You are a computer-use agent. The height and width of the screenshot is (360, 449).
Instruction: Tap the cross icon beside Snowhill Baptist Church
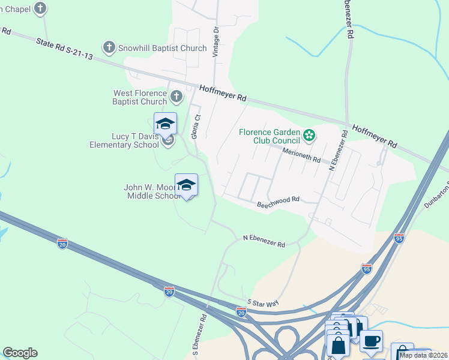point(109,46)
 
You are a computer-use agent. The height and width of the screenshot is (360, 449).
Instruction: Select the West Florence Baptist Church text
point(140,97)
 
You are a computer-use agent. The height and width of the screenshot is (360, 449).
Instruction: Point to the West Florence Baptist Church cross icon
point(176,96)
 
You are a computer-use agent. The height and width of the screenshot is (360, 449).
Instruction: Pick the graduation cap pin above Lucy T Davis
point(165,124)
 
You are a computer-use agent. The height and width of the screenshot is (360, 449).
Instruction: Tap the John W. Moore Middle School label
point(151,191)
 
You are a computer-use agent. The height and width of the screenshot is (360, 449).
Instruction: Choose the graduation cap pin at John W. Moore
point(186,185)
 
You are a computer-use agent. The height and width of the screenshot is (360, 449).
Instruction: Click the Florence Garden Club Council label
point(269,136)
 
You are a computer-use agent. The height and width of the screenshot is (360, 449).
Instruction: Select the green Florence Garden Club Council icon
point(309,135)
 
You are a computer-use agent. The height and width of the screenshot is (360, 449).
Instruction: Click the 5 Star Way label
point(263,302)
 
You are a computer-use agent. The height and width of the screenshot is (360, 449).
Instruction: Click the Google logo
point(20,353)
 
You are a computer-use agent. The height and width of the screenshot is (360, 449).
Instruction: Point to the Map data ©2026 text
point(423,355)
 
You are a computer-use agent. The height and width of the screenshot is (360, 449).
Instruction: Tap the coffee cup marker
point(371,341)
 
